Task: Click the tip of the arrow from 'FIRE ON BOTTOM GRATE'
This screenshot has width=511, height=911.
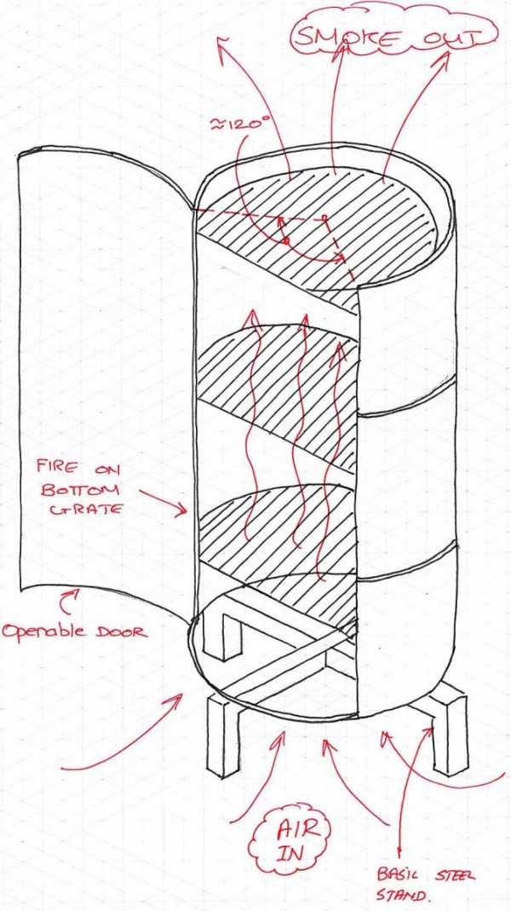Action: click(187, 513)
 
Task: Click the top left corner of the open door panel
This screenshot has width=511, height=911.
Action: click(18, 153)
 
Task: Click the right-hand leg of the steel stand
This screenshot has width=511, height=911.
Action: click(449, 729)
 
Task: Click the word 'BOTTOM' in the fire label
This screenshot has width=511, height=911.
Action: click(79, 489)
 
